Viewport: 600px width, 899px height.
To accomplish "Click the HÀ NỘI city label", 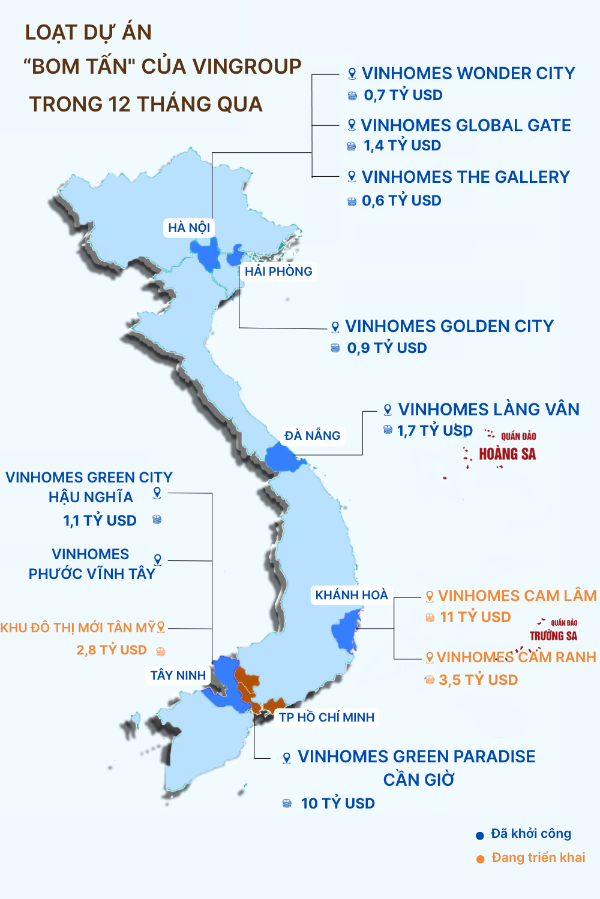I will coord(189,228).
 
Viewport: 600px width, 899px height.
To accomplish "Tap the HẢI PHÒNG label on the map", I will coord(278,271).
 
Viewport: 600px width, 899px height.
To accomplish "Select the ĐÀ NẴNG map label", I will coord(312,436).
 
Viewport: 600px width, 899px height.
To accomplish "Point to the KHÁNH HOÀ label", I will coord(352,595).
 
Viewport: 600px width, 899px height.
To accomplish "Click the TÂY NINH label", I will coord(178,675).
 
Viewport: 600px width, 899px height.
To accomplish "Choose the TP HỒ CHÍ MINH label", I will coord(326,717).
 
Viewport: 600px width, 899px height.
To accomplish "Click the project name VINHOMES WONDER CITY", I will coord(468,74).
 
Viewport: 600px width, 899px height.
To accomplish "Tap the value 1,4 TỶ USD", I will coord(402,146).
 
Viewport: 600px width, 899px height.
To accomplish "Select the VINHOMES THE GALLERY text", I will coord(466,177).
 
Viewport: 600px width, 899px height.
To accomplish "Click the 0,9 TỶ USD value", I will coord(387,348).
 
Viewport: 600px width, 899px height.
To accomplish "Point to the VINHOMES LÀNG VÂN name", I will coord(488,410).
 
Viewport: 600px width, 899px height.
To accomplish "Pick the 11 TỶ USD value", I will coord(475,617).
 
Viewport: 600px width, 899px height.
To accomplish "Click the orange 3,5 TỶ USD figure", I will coord(478,680).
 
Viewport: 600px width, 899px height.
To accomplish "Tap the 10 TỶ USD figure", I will coord(338,804).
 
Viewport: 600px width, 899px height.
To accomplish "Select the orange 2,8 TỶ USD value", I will coord(112,650).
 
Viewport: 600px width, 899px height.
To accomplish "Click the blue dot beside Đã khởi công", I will coord(480,835).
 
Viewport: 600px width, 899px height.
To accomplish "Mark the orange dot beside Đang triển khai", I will coord(481,859).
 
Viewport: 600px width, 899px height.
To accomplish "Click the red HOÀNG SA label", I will coord(507,454).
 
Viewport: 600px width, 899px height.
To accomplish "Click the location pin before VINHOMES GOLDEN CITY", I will coord(335,327).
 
